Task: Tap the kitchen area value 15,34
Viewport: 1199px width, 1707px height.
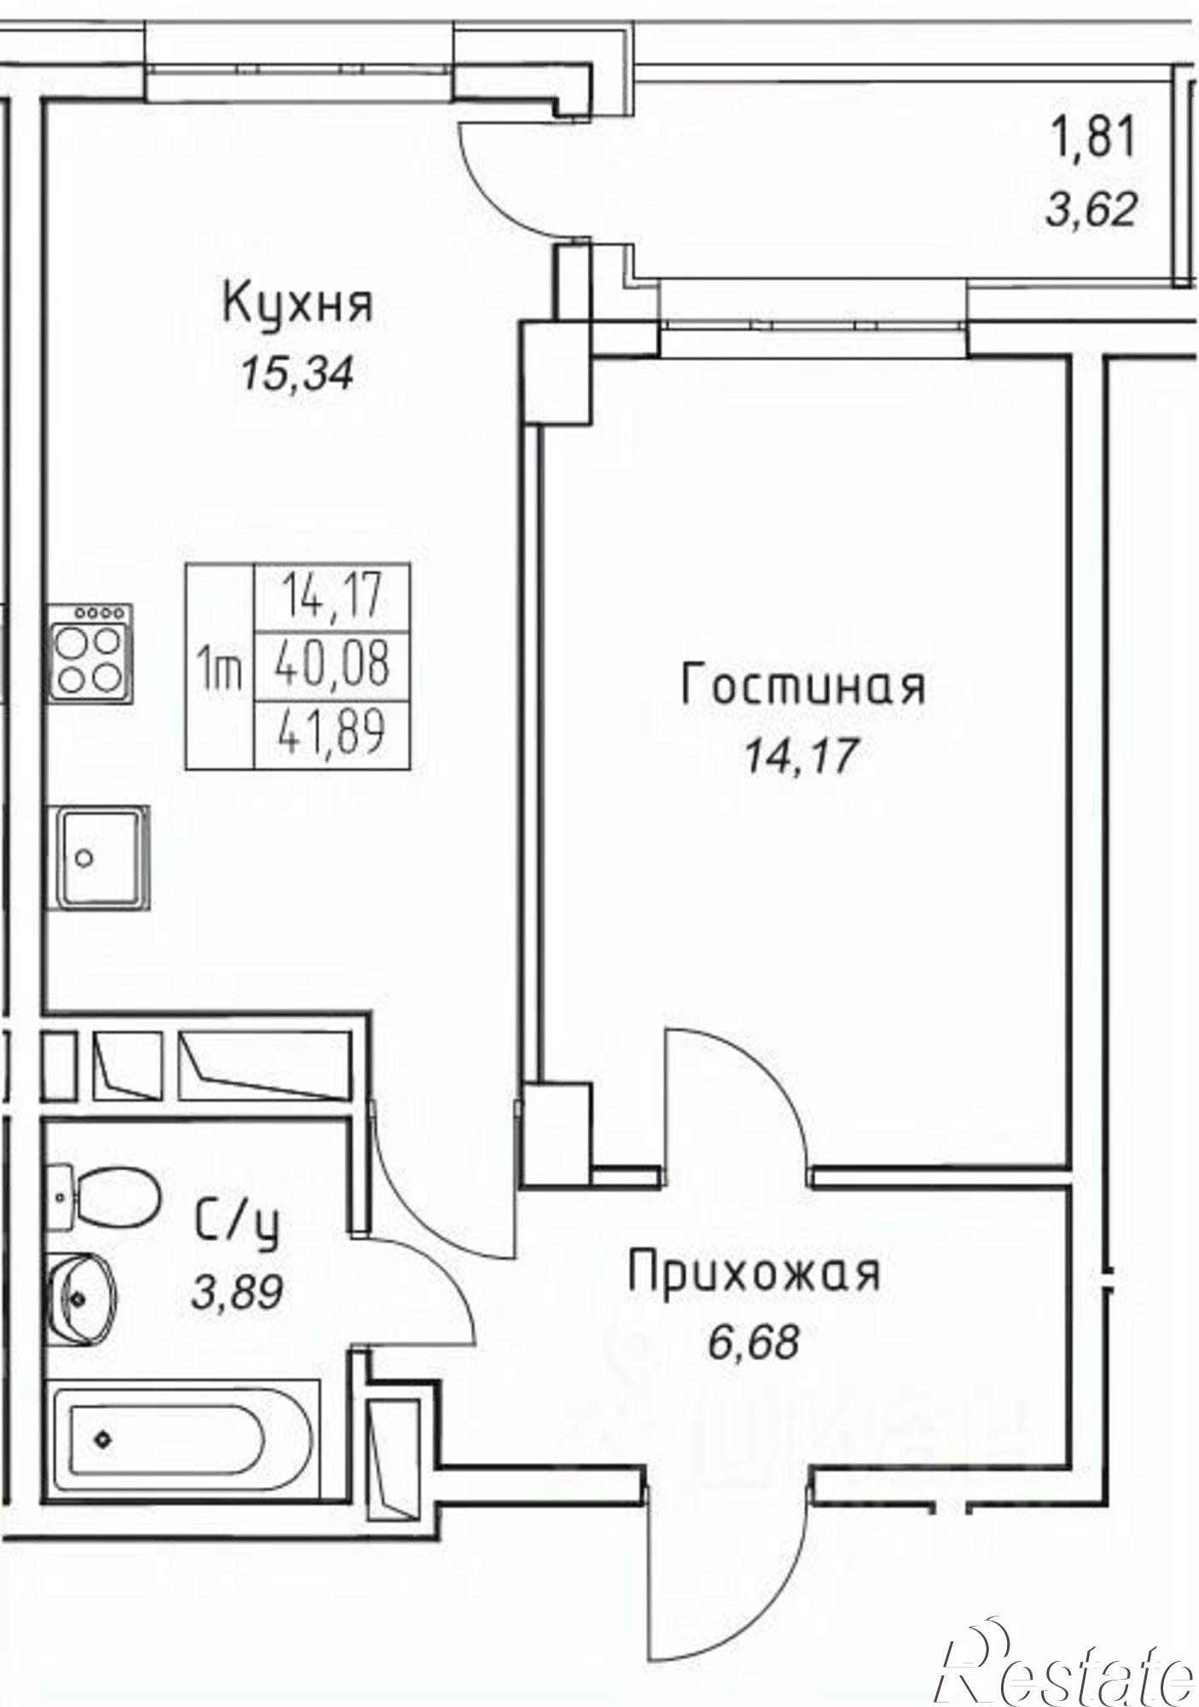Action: pyautogui.click(x=296, y=374)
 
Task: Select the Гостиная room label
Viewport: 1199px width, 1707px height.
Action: pyautogui.click(x=802, y=686)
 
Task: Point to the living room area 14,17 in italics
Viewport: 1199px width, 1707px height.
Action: pyautogui.click(x=799, y=756)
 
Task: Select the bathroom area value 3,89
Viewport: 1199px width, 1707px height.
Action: pyautogui.click(x=236, y=1295)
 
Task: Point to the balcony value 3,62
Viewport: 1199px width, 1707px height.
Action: pyautogui.click(x=1092, y=208)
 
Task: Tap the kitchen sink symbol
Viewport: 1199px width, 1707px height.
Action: pyautogui.click(x=100, y=857)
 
